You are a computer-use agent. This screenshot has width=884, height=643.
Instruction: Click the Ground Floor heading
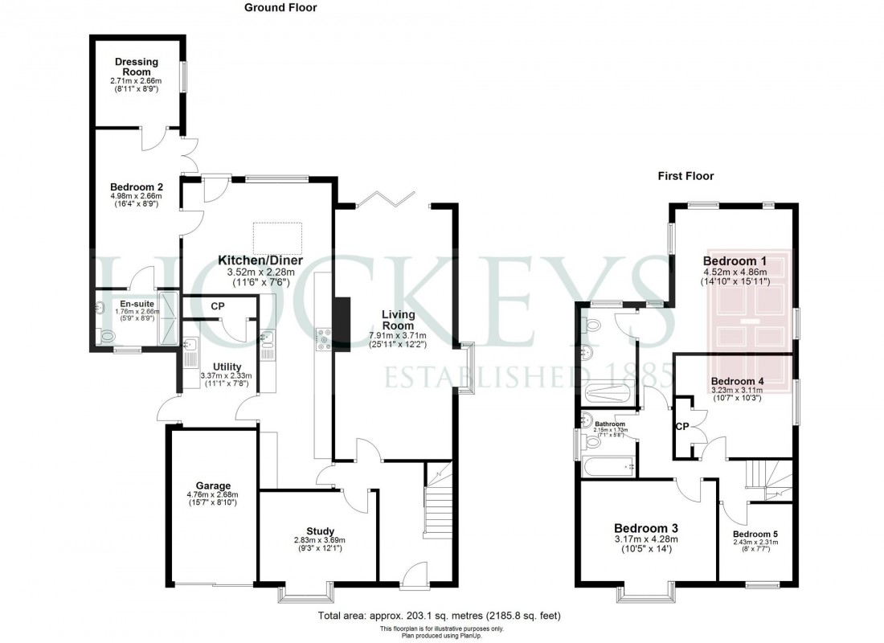pyautogui.click(x=280, y=8)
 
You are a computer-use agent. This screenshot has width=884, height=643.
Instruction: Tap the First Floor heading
pyautogui.click(x=685, y=176)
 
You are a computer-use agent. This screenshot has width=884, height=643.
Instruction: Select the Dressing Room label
pyautogui.click(x=136, y=67)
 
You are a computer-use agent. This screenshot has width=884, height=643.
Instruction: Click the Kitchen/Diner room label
pyautogui.click(x=261, y=260)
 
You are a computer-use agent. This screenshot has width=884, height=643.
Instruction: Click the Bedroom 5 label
pyautogui.click(x=755, y=534)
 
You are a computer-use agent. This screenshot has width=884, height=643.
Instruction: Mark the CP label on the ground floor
pyautogui.click(x=218, y=306)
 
